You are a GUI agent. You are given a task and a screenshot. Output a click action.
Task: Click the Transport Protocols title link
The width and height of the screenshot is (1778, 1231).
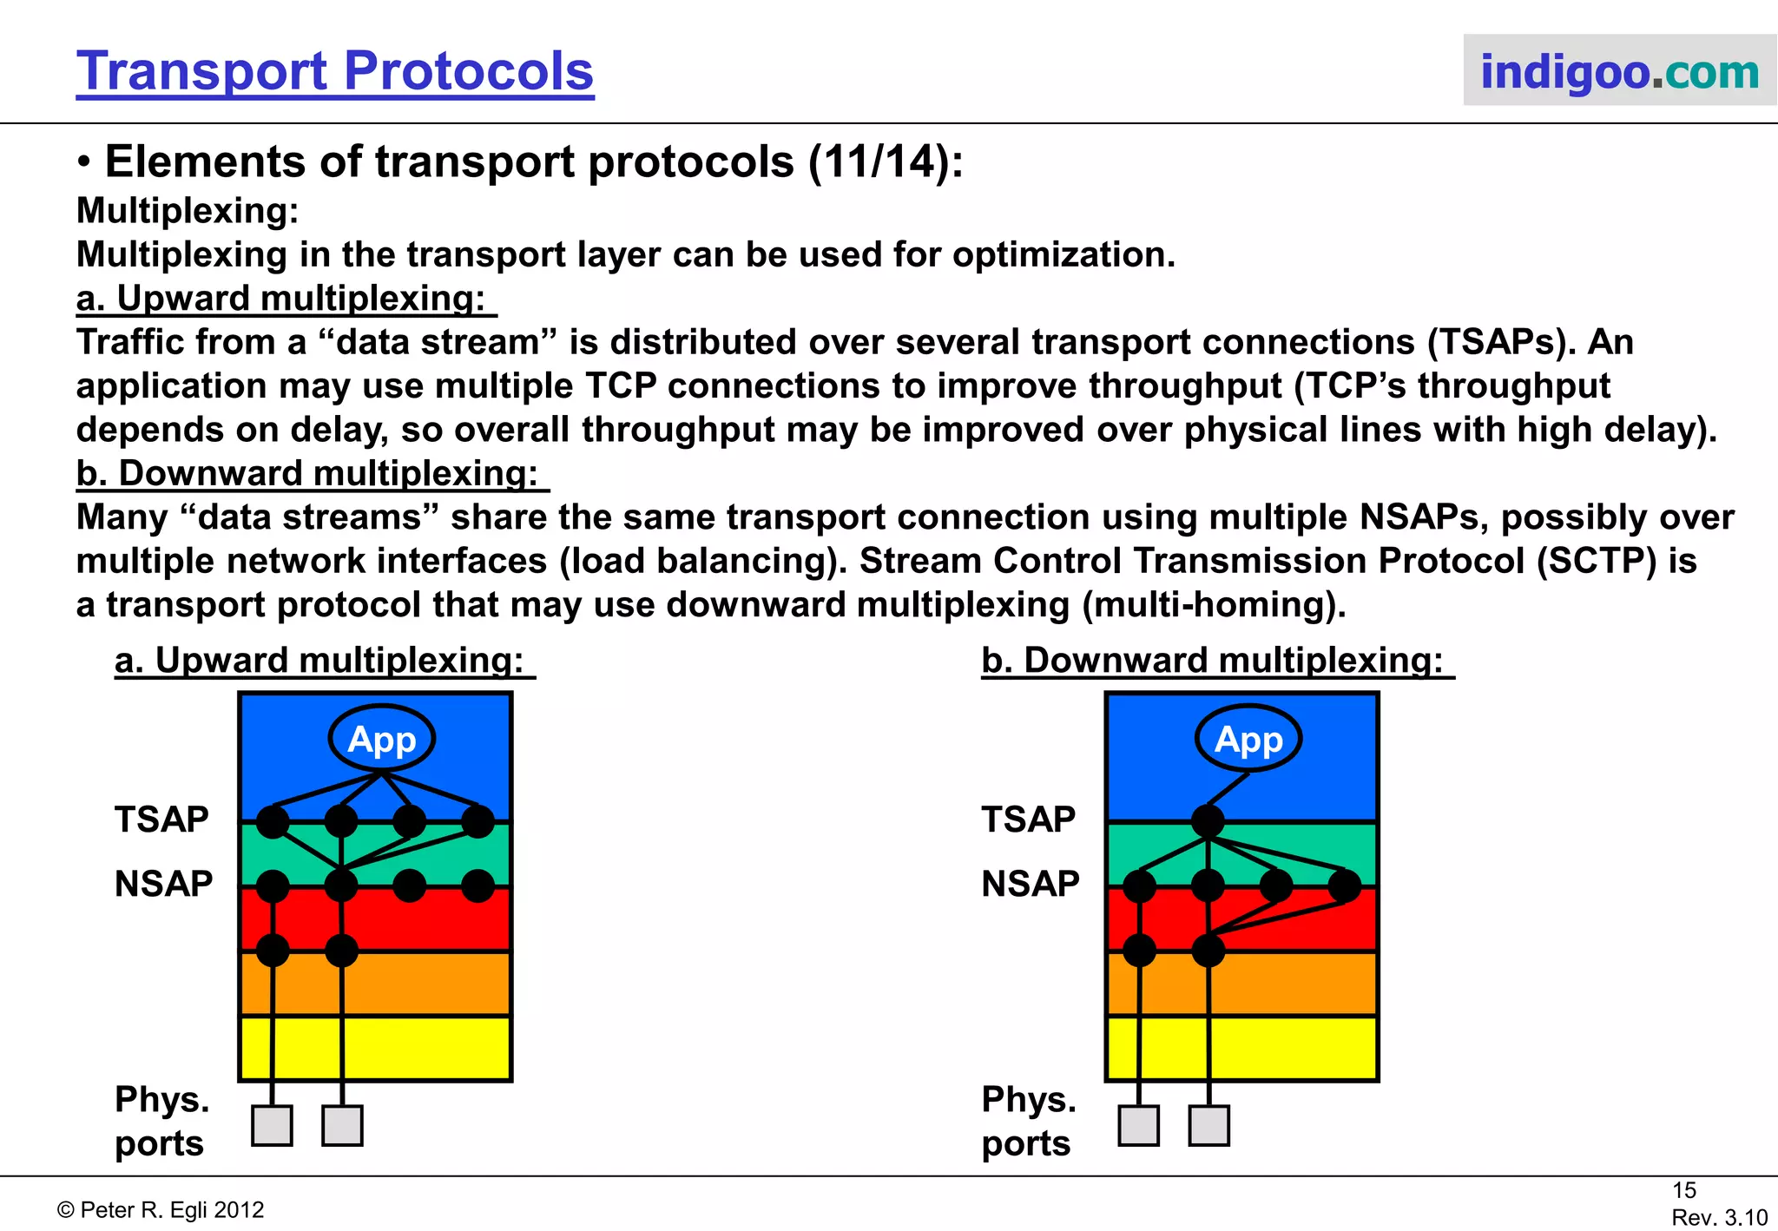point(334,70)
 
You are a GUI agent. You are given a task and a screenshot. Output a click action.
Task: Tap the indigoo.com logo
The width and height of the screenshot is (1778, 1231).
point(1619,71)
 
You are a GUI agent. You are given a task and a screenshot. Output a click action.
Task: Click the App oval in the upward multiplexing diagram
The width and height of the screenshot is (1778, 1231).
point(382,739)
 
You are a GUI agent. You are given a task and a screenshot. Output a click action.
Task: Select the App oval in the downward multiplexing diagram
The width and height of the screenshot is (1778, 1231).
point(1248,739)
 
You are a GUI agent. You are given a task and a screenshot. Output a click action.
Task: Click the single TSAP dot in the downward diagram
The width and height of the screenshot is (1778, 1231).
point(1208,820)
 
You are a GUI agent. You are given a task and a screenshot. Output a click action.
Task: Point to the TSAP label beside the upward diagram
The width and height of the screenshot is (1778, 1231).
point(161,820)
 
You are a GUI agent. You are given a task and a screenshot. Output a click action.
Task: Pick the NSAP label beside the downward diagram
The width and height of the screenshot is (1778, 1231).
point(1031,884)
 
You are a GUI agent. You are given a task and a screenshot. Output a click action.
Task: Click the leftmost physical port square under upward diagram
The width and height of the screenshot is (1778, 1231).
point(272,1126)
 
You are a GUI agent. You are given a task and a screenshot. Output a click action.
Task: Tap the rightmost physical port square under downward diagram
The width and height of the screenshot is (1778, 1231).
point(1209,1126)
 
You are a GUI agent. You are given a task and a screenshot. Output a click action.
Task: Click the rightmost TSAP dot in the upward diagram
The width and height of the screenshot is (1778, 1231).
point(477,820)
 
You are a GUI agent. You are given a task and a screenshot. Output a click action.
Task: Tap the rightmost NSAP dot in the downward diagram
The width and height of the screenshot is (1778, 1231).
point(1344,885)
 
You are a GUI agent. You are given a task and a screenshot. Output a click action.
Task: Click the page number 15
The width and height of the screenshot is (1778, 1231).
point(1683,1190)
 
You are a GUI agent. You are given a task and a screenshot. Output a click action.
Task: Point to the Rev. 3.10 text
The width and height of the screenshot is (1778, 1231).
point(1719,1217)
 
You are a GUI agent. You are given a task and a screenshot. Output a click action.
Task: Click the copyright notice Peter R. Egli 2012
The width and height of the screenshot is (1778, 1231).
point(161,1210)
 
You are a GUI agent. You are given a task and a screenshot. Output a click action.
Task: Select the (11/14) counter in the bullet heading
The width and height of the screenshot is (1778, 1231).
point(885,162)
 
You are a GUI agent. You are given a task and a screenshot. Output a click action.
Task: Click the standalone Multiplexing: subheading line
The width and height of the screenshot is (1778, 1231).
point(188,211)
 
